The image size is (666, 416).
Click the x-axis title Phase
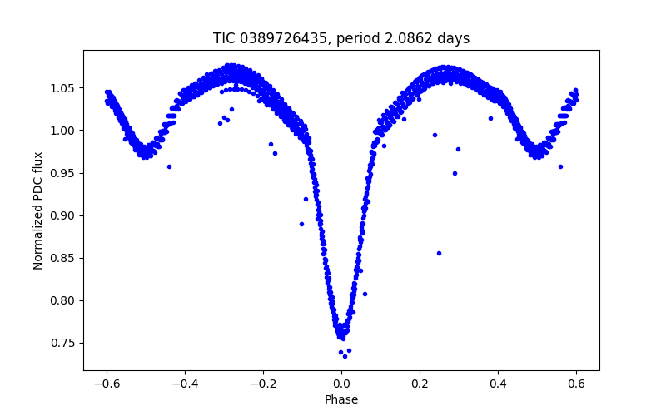click(341, 399)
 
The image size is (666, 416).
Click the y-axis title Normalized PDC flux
click(38, 205)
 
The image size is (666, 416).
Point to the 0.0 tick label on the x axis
click(341, 384)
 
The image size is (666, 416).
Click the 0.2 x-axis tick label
click(420, 384)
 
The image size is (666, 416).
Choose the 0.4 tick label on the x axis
click(498, 384)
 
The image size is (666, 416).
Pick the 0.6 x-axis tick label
click(576, 384)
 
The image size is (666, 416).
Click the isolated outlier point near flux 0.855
click(439, 253)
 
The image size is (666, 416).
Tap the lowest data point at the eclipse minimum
click(345, 356)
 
